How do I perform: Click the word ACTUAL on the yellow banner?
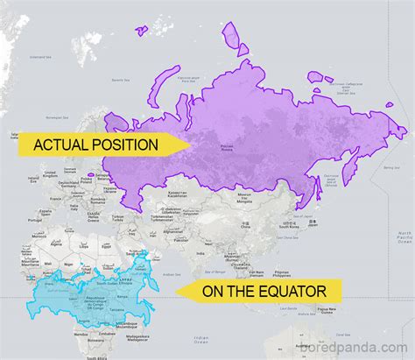pos(63,145)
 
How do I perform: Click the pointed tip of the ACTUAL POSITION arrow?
pos(189,145)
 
